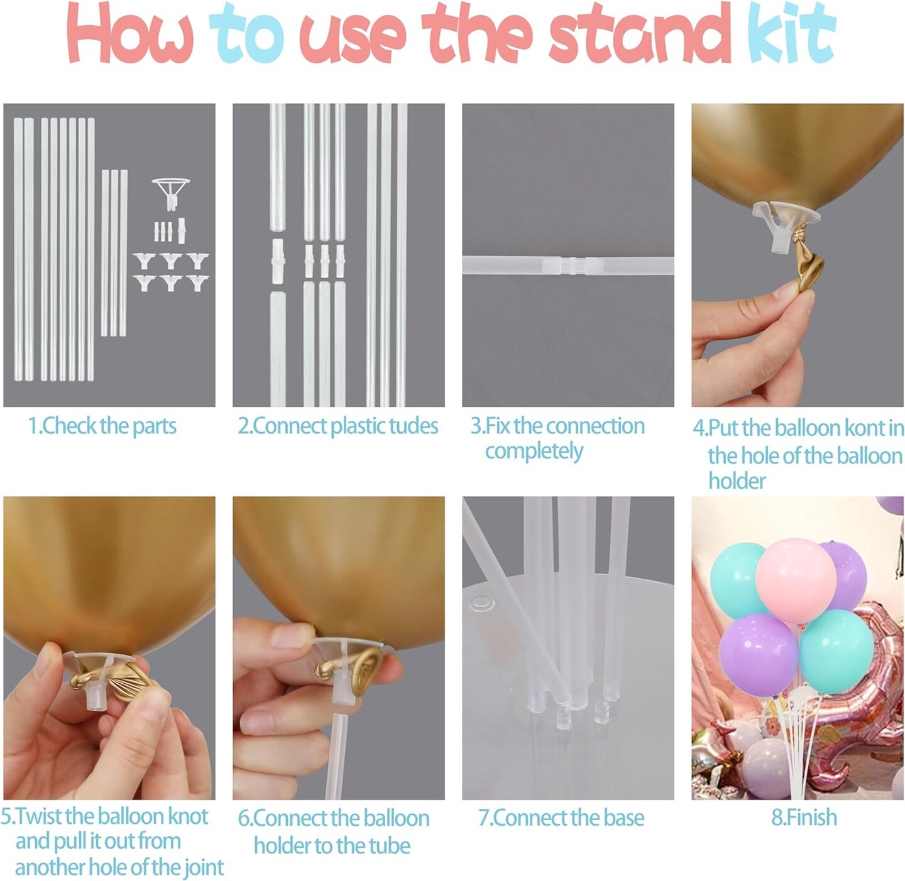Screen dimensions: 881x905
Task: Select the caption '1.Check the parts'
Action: pyautogui.click(x=102, y=426)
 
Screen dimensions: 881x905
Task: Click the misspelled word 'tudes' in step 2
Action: pyautogui.click(x=413, y=426)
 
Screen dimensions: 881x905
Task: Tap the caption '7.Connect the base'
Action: pyautogui.click(x=561, y=818)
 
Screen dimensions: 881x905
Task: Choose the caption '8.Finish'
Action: pyautogui.click(x=804, y=818)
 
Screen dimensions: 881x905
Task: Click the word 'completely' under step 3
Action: pyautogui.click(x=534, y=451)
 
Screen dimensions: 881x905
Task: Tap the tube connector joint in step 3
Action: pyautogui.click(x=568, y=266)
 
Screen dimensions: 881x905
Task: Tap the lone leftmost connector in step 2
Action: pyautogui.click(x=277, y=260)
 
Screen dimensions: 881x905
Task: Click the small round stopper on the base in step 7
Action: pyautogui.click(x=481, y=603)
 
